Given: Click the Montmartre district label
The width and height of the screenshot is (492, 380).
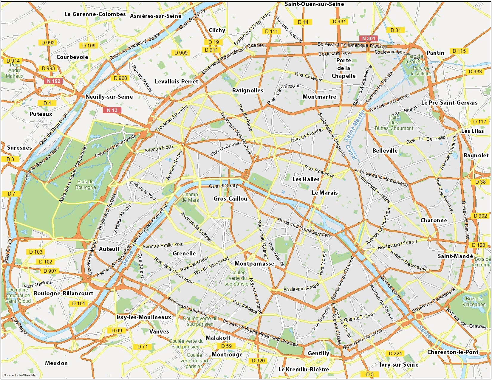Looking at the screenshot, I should [x=319, y=97].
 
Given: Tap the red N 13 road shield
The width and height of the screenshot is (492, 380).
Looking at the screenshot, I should [x=112, y=110].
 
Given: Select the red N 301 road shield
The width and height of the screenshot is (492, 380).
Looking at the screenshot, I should [x=369, y=38].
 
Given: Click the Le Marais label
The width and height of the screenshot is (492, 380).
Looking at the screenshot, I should [x=325, y=193].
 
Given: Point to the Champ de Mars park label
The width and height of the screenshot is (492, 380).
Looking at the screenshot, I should [x=190, y=197].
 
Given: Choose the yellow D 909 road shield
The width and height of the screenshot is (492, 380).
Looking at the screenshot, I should [x=181, y=53].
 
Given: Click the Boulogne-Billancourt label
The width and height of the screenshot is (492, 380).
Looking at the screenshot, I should [x=64, y=293].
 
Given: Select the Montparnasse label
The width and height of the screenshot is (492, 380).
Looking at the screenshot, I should [x=254, y=263].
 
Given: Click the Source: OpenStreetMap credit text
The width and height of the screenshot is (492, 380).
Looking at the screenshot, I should [x=21, y=375].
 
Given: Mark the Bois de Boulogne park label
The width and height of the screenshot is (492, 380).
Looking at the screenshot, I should [x=86, y=184].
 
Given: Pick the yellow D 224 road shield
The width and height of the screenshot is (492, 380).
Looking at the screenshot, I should [x=395, y=353].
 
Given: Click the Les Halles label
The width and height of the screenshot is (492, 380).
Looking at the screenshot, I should [x=306, y=179].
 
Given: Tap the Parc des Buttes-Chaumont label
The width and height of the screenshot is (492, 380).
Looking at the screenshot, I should [x=394, y=123].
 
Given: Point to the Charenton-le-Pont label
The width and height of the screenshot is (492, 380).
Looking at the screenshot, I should [x=453, y=352].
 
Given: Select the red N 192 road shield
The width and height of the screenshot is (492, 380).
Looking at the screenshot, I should [x=54, y=81].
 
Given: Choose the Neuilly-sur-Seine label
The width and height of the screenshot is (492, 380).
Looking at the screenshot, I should [x=109, y=97].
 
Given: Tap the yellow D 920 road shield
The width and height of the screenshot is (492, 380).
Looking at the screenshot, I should [x=258, y=361].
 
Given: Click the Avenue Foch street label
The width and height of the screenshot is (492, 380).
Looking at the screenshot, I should [x=159, y=148].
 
